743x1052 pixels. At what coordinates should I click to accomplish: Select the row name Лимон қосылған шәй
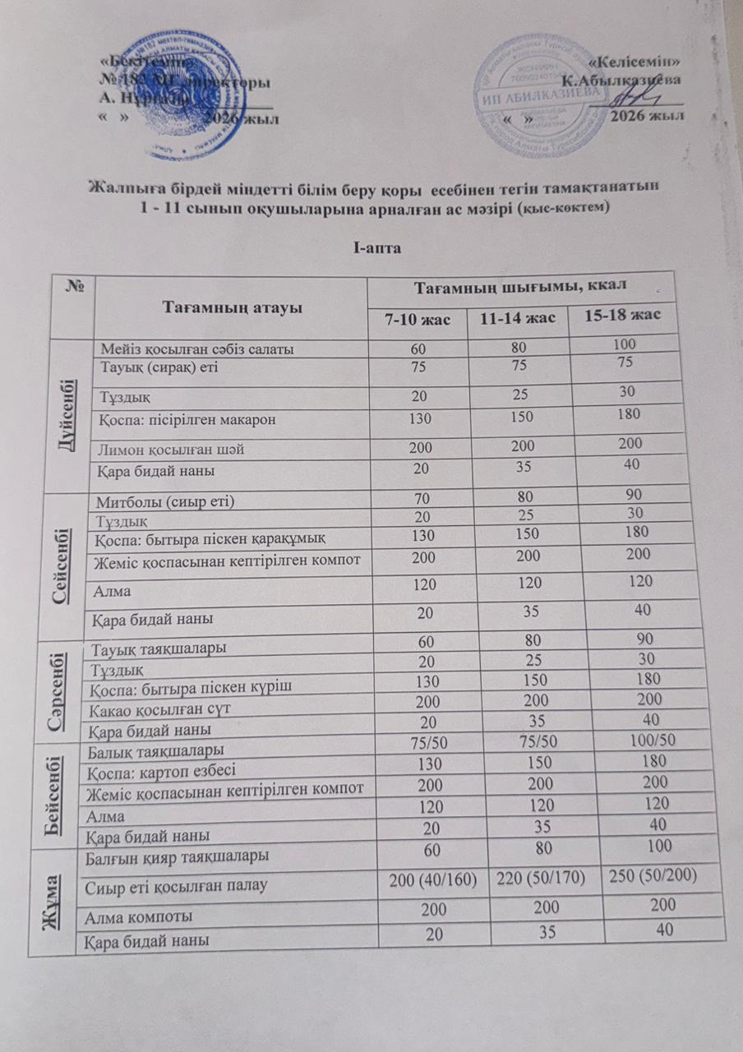[x=172, y=450]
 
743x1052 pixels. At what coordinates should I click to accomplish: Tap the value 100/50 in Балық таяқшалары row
[x=649, y=741]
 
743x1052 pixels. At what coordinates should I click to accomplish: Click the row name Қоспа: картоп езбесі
[x=162, y=770]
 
